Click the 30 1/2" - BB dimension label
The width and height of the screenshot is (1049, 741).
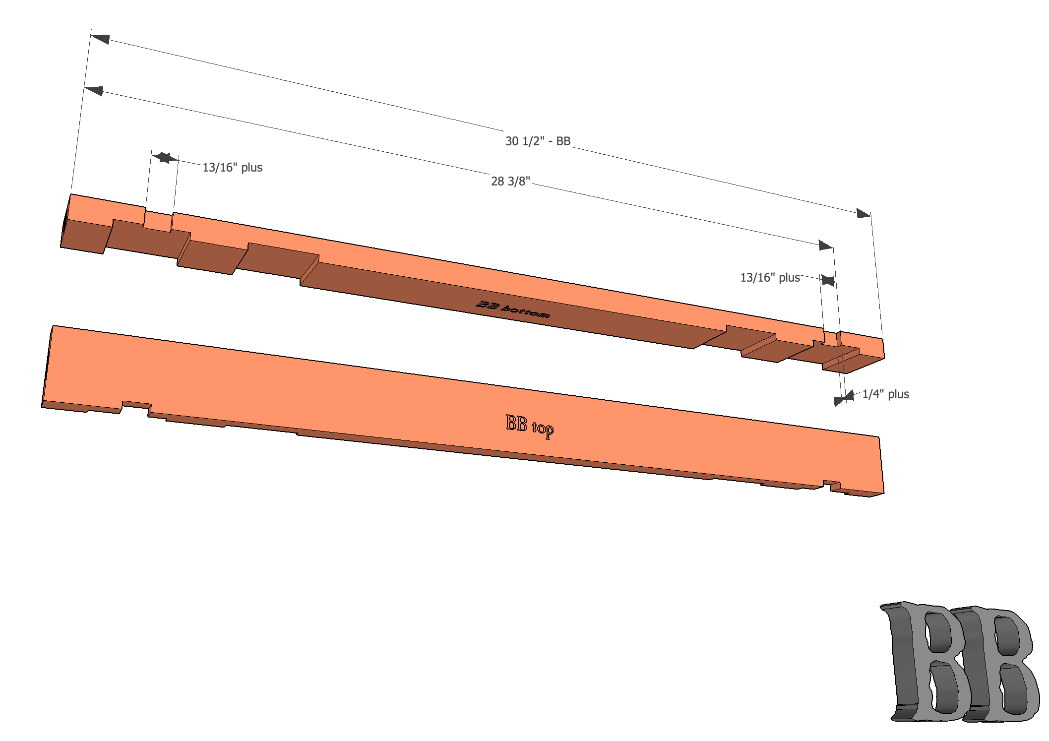[x=538, y=141]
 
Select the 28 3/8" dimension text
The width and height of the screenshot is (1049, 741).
[x=510, y=182]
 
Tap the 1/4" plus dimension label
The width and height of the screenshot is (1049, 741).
[x=885, y=394]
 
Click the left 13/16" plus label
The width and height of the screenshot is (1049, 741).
[x=232, y=168]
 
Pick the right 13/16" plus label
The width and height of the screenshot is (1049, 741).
[x=770, y=278]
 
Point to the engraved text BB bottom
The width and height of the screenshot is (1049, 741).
[x=513, y=309]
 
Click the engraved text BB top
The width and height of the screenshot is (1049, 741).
[x=530, y=426]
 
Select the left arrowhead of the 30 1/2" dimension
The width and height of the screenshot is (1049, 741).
[x=100, y=39]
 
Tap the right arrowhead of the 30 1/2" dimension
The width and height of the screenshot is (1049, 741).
[x=864, y=213]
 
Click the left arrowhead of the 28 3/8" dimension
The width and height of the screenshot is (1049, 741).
[x=93, y=91]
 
